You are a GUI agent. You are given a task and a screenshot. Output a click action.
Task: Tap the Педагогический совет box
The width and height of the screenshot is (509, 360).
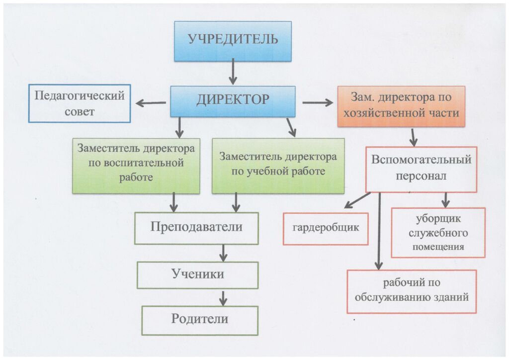click(x=80, y=103)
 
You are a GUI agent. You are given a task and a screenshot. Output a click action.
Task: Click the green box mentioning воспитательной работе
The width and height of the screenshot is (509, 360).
click(x=136, y=165)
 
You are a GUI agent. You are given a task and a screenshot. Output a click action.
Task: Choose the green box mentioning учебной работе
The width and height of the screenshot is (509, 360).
click(x=278, y=165)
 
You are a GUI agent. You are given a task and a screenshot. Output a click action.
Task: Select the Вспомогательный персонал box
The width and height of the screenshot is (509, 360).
click(x=421, y=169)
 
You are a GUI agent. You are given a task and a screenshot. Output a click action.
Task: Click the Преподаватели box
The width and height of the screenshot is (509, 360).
click(x=196, y=228)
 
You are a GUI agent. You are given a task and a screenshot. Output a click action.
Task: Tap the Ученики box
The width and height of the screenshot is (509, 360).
click(x=197, y=274)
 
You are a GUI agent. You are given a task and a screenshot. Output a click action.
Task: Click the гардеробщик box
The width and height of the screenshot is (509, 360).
click(x=326, y=229)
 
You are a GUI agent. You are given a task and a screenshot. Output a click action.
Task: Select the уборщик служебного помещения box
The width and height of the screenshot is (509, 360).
click(x=438, y=233)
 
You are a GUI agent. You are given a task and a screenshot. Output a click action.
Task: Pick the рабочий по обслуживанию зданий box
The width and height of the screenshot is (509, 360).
click(x=412, y=291)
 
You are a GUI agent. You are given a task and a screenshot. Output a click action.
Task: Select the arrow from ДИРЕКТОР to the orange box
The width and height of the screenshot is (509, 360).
click(x=318, y=103)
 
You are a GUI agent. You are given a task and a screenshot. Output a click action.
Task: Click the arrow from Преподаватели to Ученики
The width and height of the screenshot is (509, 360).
click(x=223, y=253)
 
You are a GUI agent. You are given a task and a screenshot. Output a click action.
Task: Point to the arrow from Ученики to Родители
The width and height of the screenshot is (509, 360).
click(x=223, y=298)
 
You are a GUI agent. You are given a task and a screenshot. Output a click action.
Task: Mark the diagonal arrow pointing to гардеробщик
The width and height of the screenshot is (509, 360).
click(x=357, y=200)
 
